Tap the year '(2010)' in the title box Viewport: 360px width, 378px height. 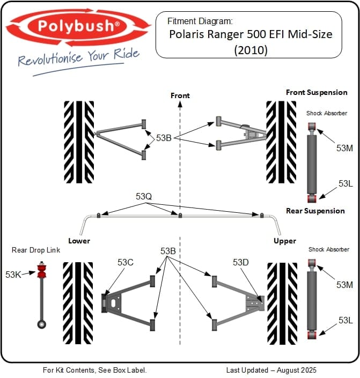coord(250,49)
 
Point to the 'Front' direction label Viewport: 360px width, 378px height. coord(180,95)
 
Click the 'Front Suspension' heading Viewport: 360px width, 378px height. coord(317,92)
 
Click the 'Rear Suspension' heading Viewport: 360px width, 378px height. coord(315,211)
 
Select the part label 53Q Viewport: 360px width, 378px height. coord(144,197)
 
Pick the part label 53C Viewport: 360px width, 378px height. coord(125,262)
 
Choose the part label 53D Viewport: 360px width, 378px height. coord(241,262)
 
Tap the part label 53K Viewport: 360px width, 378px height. coord(13,275)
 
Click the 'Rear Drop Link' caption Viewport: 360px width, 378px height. coord(36,250)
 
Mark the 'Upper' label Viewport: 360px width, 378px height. coord(285,241)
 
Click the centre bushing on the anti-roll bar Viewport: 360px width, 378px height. coord(180,216)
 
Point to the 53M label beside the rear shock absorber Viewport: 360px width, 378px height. coord(344,285)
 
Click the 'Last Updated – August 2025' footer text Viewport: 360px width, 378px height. coord(271,370)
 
